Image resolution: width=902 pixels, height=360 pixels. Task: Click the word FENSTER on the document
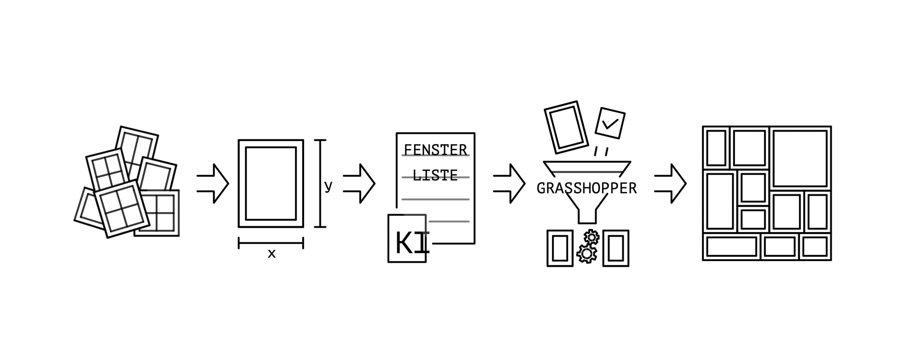tap(435, 150)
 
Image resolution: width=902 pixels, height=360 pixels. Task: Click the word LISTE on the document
tap(435, 175)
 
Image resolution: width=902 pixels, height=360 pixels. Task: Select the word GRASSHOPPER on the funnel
tap(587, 188)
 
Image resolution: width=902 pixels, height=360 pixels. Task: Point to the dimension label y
tap(328, 186)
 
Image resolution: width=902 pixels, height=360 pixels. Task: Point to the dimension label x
tap(271, 254)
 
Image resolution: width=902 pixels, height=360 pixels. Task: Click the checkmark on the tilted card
tap(610, 123)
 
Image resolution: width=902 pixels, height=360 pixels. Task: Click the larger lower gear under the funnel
tap(586, 253)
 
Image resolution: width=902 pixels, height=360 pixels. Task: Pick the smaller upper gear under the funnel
tap(592, 237)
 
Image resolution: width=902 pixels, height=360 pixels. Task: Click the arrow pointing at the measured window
tap(214, 184)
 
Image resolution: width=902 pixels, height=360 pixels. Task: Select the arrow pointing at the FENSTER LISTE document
tap(359, 184)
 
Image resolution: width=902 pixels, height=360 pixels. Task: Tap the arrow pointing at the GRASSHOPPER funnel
tap(510, 184)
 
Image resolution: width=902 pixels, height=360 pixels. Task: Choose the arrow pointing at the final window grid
tap(671, 184)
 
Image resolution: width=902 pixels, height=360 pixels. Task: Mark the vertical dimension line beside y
tap(320, 184)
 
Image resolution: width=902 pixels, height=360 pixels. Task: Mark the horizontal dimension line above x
tap(271, 243)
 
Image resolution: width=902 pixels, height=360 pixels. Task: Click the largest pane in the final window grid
tap(800, 159)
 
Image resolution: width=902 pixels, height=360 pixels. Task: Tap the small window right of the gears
tap(616, 248)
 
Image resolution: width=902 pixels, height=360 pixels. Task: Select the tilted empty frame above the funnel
tap(566, 128)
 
